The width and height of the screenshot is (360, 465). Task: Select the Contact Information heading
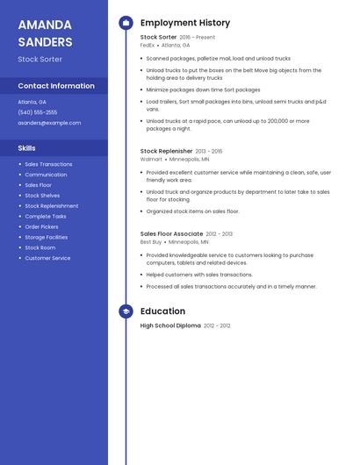56,86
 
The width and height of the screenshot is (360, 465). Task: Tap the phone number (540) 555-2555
38,112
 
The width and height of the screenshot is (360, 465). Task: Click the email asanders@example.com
49,123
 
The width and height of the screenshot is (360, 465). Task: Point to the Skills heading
27,148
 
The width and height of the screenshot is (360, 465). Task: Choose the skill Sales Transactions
48,164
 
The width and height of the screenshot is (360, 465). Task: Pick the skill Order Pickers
42,226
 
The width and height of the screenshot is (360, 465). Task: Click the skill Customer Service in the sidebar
47,258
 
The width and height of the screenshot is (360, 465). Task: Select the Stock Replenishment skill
51,206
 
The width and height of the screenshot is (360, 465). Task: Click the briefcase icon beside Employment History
126,23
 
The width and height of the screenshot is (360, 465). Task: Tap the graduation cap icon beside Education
126,311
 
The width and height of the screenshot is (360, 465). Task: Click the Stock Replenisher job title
167,151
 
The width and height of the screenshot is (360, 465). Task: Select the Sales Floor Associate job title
171,234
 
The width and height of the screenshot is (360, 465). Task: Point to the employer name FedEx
148,45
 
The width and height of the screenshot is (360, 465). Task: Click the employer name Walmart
151,159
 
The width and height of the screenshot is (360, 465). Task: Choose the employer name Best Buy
151,242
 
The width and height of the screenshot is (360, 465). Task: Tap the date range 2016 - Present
198,38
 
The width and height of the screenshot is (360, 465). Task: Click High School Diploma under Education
170,325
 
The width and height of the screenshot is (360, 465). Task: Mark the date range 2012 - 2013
220,234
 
